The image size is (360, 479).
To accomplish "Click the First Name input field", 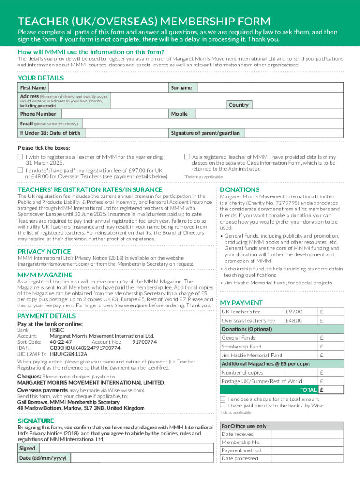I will pos(108,88).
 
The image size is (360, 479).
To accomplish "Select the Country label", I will pos(238,105).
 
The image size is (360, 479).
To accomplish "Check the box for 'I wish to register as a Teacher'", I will pos(20,157).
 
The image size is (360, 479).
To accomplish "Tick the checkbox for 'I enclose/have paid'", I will pos(20,170).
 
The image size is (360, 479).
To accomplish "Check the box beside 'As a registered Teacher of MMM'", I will pos(187,157).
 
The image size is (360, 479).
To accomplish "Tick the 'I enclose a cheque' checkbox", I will pos(223,399).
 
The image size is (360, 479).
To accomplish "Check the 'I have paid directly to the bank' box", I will pos(223,406).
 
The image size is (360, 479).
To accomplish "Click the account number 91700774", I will pos(144,342).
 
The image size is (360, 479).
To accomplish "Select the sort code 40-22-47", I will pos(61,342).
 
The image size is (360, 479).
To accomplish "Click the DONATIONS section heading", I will pos(240,189).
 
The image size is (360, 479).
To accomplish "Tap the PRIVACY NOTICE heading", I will pos(44,251).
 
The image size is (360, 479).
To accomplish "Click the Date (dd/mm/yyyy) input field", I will pos(140,458).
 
